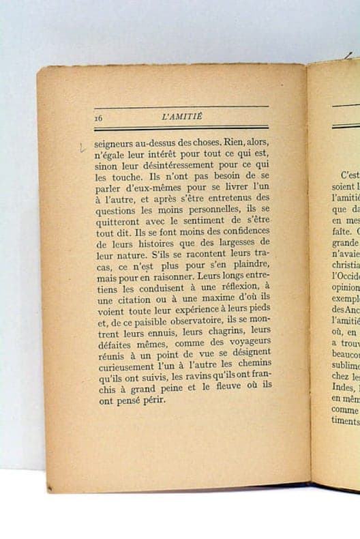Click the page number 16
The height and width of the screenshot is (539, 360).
[x=98, y=117]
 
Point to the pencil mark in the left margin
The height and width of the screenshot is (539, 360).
[x=82, y=147]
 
